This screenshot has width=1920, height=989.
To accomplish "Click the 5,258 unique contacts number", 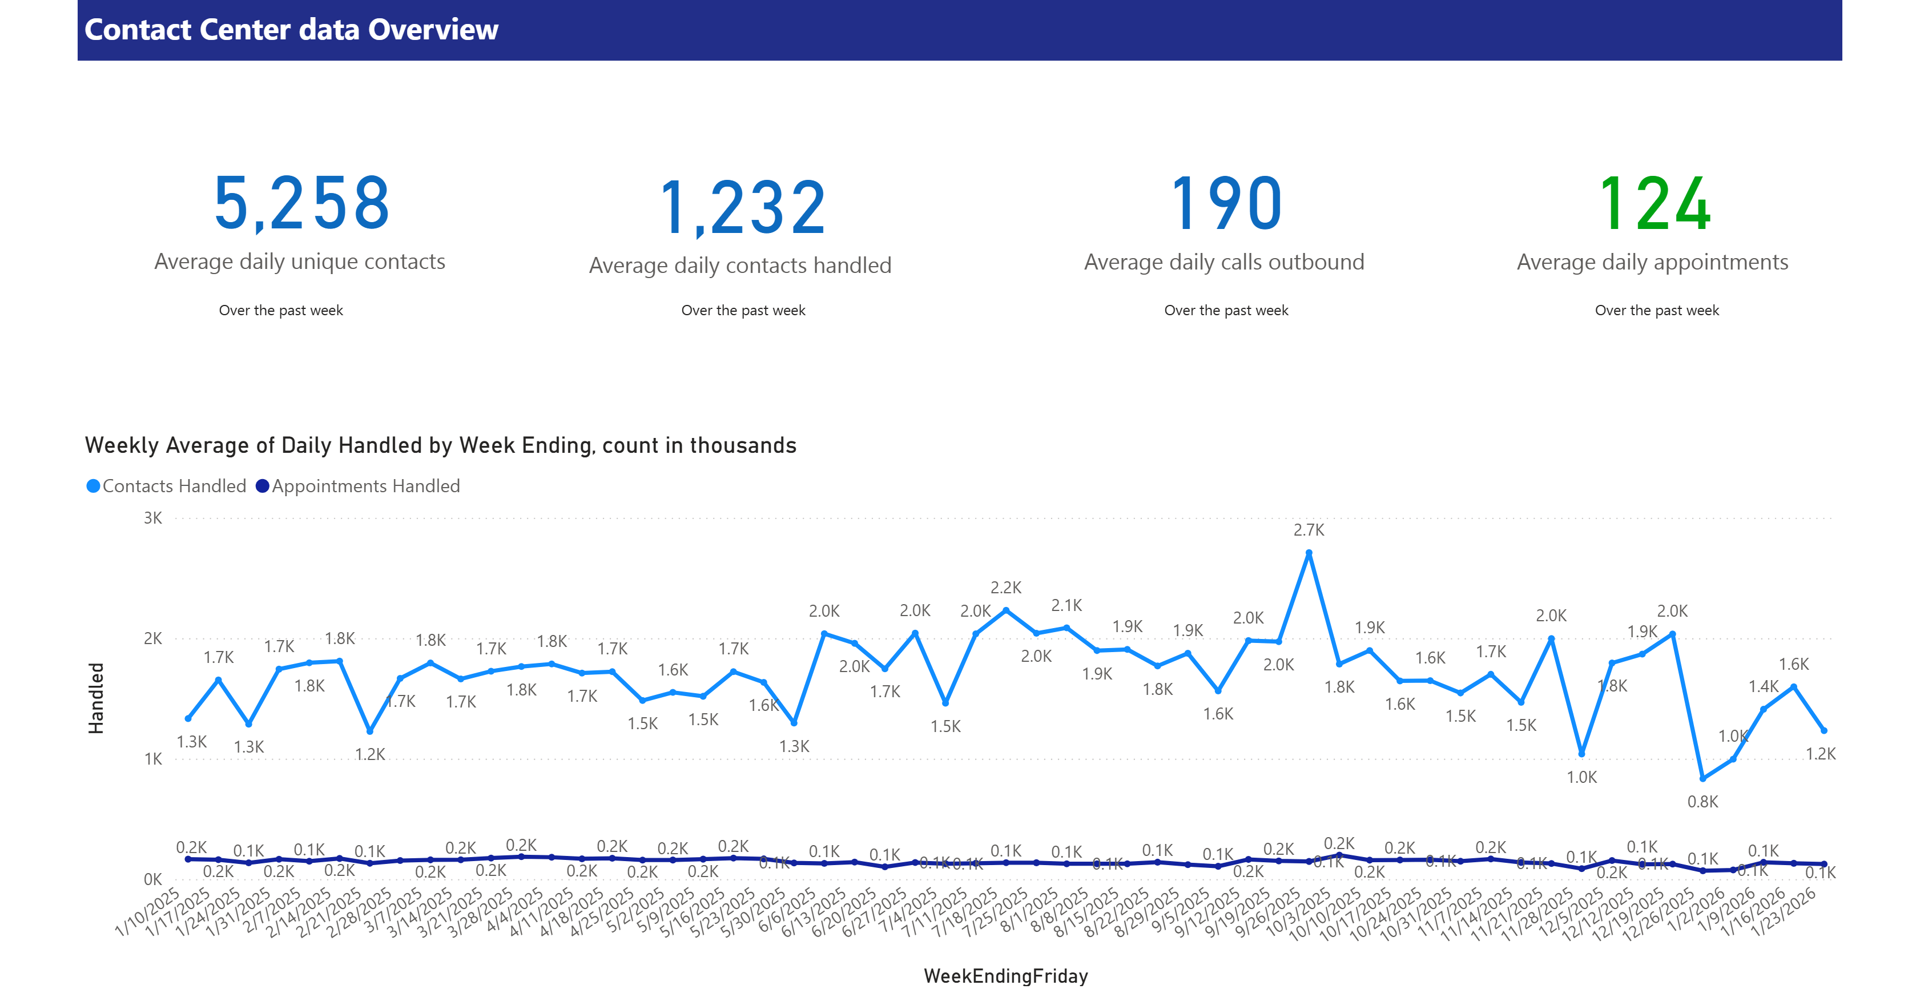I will click(301, 203).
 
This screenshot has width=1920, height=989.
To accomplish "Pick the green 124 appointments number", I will click(1654, 203).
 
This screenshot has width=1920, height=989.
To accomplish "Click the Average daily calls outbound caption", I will click(1224, 262).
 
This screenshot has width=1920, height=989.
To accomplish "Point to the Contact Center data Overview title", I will click(291, 30).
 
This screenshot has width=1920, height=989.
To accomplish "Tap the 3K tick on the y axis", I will click(153, 518).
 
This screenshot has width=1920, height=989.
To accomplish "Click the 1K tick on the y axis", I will click(153, 759).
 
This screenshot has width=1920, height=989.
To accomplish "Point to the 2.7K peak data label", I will click(1308, 530).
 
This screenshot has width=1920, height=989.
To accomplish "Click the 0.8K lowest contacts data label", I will click(1702, 802).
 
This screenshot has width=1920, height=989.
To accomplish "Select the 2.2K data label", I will click(1005, 587).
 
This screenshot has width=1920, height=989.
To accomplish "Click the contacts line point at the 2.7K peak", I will click(1309, 553).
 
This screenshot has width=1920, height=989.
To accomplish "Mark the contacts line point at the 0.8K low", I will click(1702, 778).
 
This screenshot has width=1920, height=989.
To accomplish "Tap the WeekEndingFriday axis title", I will click(1005, 976).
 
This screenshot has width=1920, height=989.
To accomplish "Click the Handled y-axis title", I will click(96, 698).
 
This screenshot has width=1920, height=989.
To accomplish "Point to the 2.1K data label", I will click(1066, 605).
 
